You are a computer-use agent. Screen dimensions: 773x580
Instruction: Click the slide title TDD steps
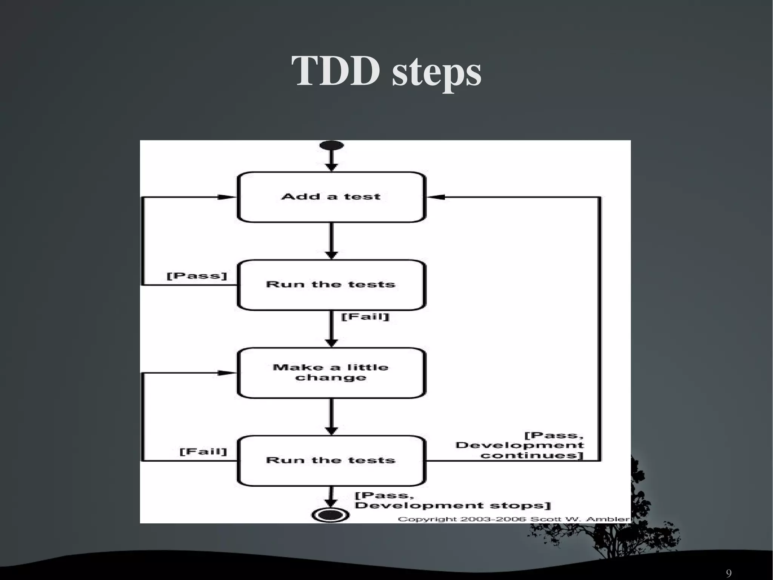[386, 71]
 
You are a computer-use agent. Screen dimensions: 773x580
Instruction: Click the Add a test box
[331, 197]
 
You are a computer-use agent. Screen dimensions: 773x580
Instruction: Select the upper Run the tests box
[331, 285]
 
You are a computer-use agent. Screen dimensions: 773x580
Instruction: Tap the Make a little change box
[331, 373]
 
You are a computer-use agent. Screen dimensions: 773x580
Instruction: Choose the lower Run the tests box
[331, 460]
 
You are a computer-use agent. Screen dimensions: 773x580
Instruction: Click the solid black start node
[331, 145]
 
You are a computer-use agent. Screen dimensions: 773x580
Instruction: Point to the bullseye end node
[330, 515]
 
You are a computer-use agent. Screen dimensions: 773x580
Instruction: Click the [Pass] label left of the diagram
[197, 276]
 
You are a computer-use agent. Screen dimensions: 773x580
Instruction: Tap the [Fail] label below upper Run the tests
[365, 316]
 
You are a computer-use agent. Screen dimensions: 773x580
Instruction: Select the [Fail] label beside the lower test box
[203, 452]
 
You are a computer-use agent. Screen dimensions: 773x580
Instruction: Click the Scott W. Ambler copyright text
[513, 519]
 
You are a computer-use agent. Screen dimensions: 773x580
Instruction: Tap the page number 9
[728, 573]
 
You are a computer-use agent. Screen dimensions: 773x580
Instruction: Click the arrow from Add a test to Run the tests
[331, 240]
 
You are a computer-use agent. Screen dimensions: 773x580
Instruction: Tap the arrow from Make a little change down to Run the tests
[331, 416]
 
